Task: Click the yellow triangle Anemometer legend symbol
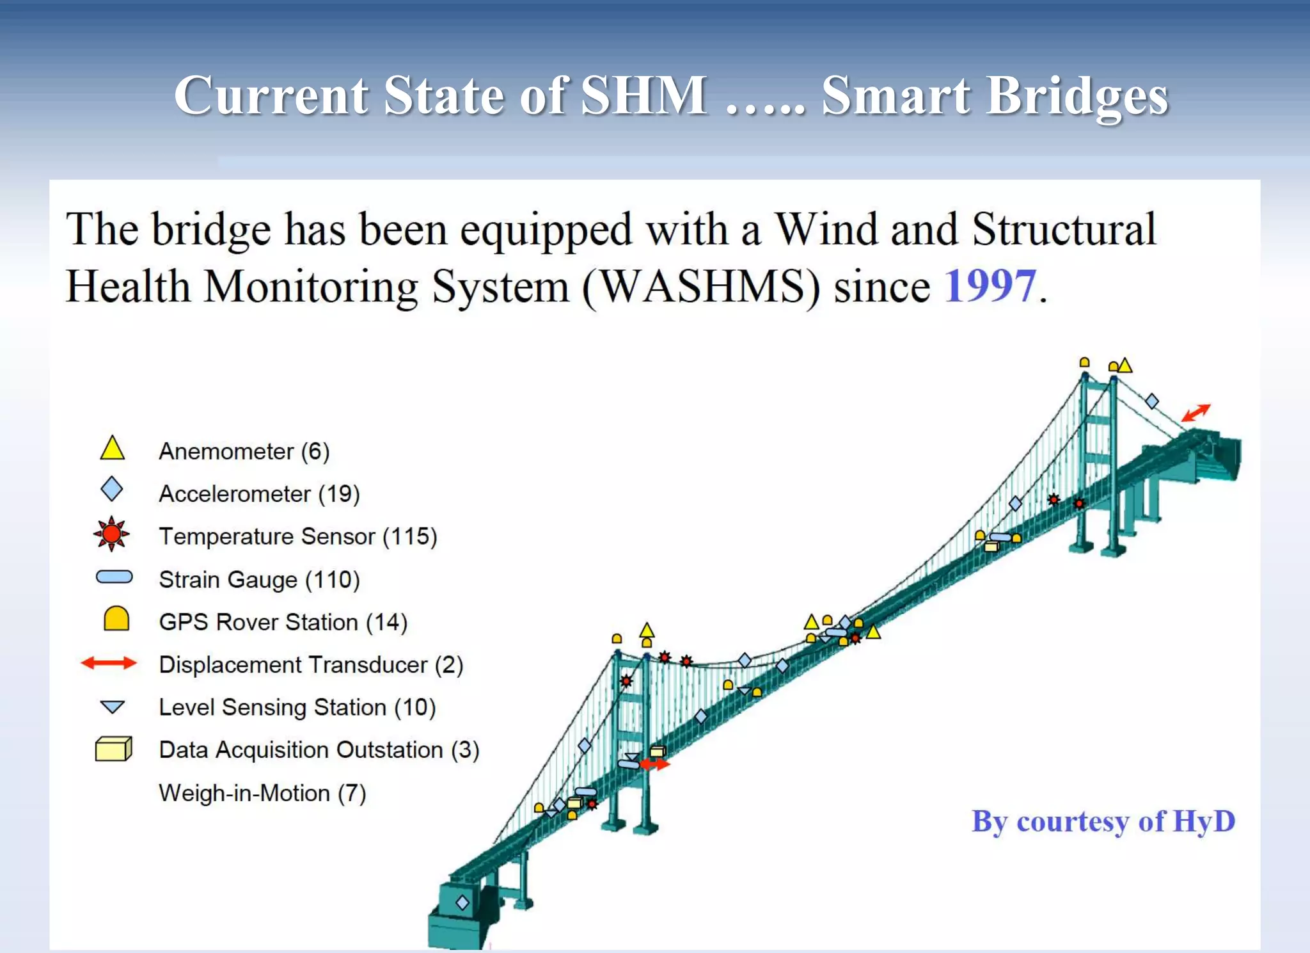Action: point(112,449)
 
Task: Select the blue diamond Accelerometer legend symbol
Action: point(112,489)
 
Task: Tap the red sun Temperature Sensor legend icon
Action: point(111,534)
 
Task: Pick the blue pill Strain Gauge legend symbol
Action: point(114,577)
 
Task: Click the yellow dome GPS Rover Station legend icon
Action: point(116,619)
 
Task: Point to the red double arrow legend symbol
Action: point(109,663)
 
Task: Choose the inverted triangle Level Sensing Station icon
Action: point(113,707)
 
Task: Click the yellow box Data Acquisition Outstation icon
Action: point(113,748)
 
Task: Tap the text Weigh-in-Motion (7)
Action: point(262,793)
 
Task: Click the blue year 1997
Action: point(990,286)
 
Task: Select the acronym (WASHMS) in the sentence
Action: point(700,286)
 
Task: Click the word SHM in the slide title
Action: point(643,95)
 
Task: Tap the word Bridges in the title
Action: point(1077,95)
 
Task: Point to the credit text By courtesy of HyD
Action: point(1103,821)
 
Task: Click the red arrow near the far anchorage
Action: point(1196,412)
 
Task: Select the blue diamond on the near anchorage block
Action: point(462,902)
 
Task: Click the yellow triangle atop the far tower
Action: point(1125,366)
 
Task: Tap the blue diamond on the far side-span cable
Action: point(1152,401)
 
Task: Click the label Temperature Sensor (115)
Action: point(298,536)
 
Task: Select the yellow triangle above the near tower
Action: point(647,630)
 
